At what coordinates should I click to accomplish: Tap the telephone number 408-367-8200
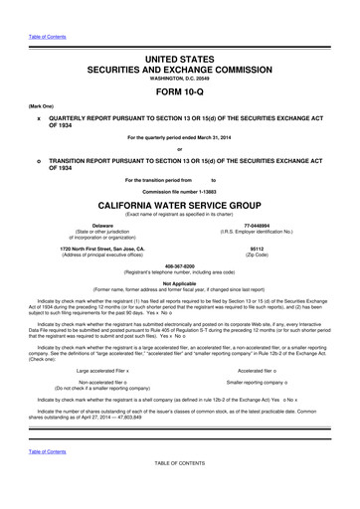(179, 268)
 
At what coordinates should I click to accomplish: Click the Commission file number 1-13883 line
(179, 190)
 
